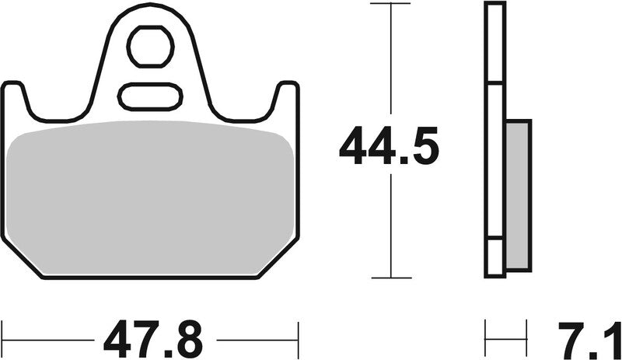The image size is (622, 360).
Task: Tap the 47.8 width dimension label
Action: pos(152,340)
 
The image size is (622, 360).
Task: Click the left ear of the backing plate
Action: pos(16,97)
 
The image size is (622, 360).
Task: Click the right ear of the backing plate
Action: pos(286,97)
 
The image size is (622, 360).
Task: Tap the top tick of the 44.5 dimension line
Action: pos(389,4)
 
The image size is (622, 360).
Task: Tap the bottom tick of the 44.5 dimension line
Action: pos(389,278)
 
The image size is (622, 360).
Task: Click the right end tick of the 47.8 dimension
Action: pos(298,339)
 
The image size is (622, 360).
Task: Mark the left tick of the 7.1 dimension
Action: pos(486,339)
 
